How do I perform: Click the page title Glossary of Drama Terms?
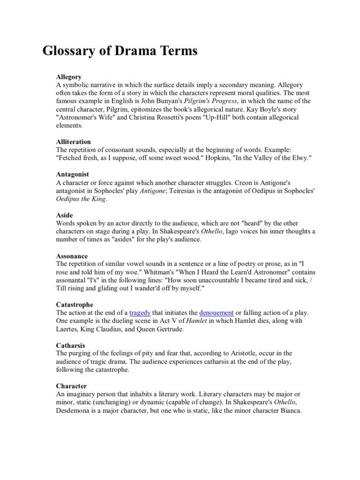pyautogui.click(x=120, y=51)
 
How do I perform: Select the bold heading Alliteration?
pyautogui.click(x=73, y=142)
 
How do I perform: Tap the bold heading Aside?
pyautogui.click(x=65, y=215)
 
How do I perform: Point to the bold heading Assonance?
pyautogui.click(x=72, y=256)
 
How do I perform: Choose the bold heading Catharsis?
pyautogui.click(x=70, y=345)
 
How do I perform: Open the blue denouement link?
pyautogui.click(x=216, y=313)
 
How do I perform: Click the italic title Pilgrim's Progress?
pyautogui.click(x=211, y=101)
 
